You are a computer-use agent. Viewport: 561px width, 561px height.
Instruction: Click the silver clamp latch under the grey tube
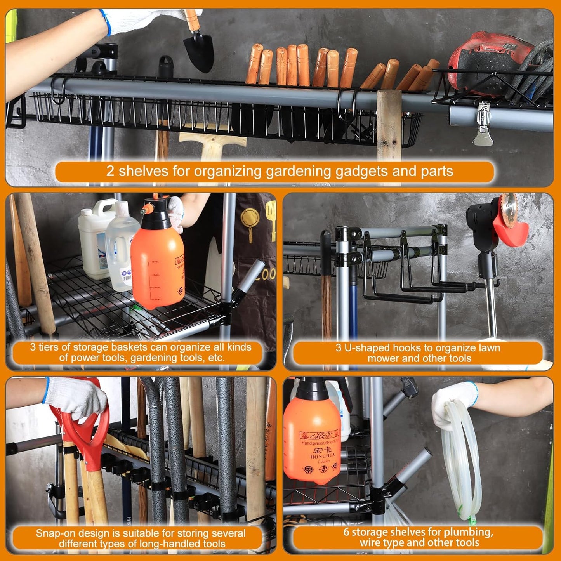click(x=483, y=123)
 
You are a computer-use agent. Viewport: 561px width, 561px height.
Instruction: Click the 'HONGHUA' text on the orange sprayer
click(x=320, y=457)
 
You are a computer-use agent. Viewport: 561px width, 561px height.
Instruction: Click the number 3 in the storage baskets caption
click(x=33, y=347)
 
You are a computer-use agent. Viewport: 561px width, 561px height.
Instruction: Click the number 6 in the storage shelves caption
click(x=346, y=532)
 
